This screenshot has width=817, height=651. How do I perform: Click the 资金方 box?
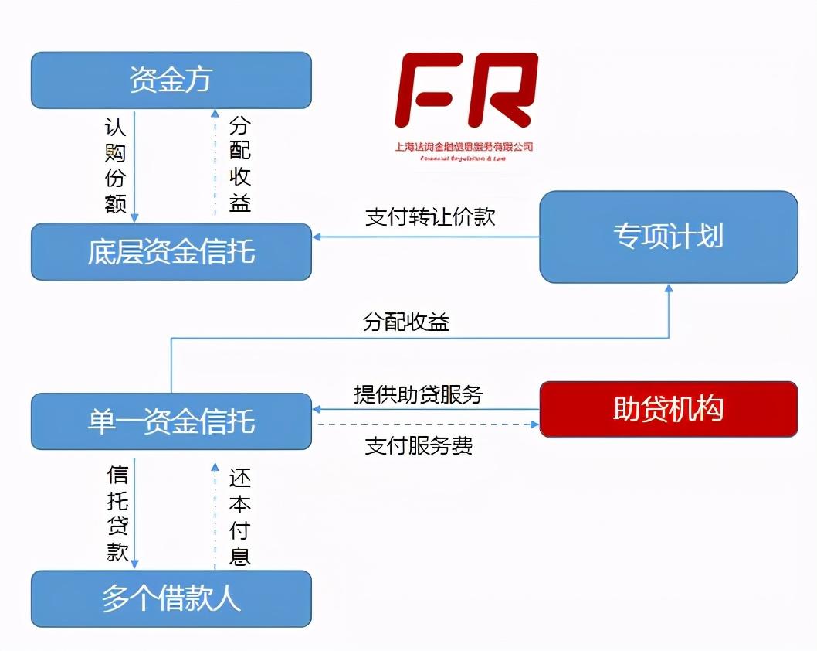[171, 80]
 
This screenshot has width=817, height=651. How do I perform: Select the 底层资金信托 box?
[171, 252]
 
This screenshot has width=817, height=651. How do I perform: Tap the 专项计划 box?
[668, 237]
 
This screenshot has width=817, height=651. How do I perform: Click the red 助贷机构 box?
[668, 409]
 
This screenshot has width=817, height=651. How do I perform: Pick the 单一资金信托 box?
[171, 421]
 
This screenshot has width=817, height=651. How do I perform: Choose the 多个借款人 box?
[171, 598]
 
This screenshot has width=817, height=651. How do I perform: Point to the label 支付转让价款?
[429, 216]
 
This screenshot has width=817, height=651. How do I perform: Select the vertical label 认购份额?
[115, 165]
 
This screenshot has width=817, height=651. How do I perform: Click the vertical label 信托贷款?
[117, 513]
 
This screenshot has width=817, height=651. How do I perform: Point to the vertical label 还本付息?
[239, 516]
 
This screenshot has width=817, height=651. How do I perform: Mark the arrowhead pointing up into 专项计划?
[669, 289]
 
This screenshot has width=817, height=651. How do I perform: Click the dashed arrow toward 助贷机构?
[425, 424]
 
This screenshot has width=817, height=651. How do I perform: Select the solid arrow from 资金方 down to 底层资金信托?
[135, 166]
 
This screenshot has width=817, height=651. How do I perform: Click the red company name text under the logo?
[463, 146]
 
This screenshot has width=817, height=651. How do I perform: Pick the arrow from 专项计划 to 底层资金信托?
[425, 237]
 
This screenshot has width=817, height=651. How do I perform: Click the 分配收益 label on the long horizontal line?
[406, 322]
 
